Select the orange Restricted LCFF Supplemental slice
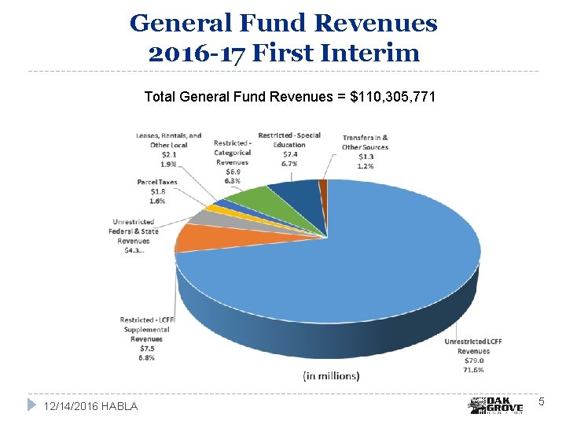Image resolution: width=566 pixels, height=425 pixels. [x=197, y=237]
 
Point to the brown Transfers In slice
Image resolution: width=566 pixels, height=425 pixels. [x=323, y=186]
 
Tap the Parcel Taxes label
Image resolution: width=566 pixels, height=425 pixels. [x=156, y=182]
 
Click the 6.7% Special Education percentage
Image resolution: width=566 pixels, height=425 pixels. [x=289, y=164]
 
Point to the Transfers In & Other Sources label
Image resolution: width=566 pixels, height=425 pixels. [x=365, y=142]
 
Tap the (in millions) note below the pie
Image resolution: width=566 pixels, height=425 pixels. [x=331, y=376]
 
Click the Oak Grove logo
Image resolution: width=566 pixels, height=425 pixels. [x=496, y=405]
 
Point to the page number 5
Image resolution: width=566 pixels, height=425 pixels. [x=541, y=402]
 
